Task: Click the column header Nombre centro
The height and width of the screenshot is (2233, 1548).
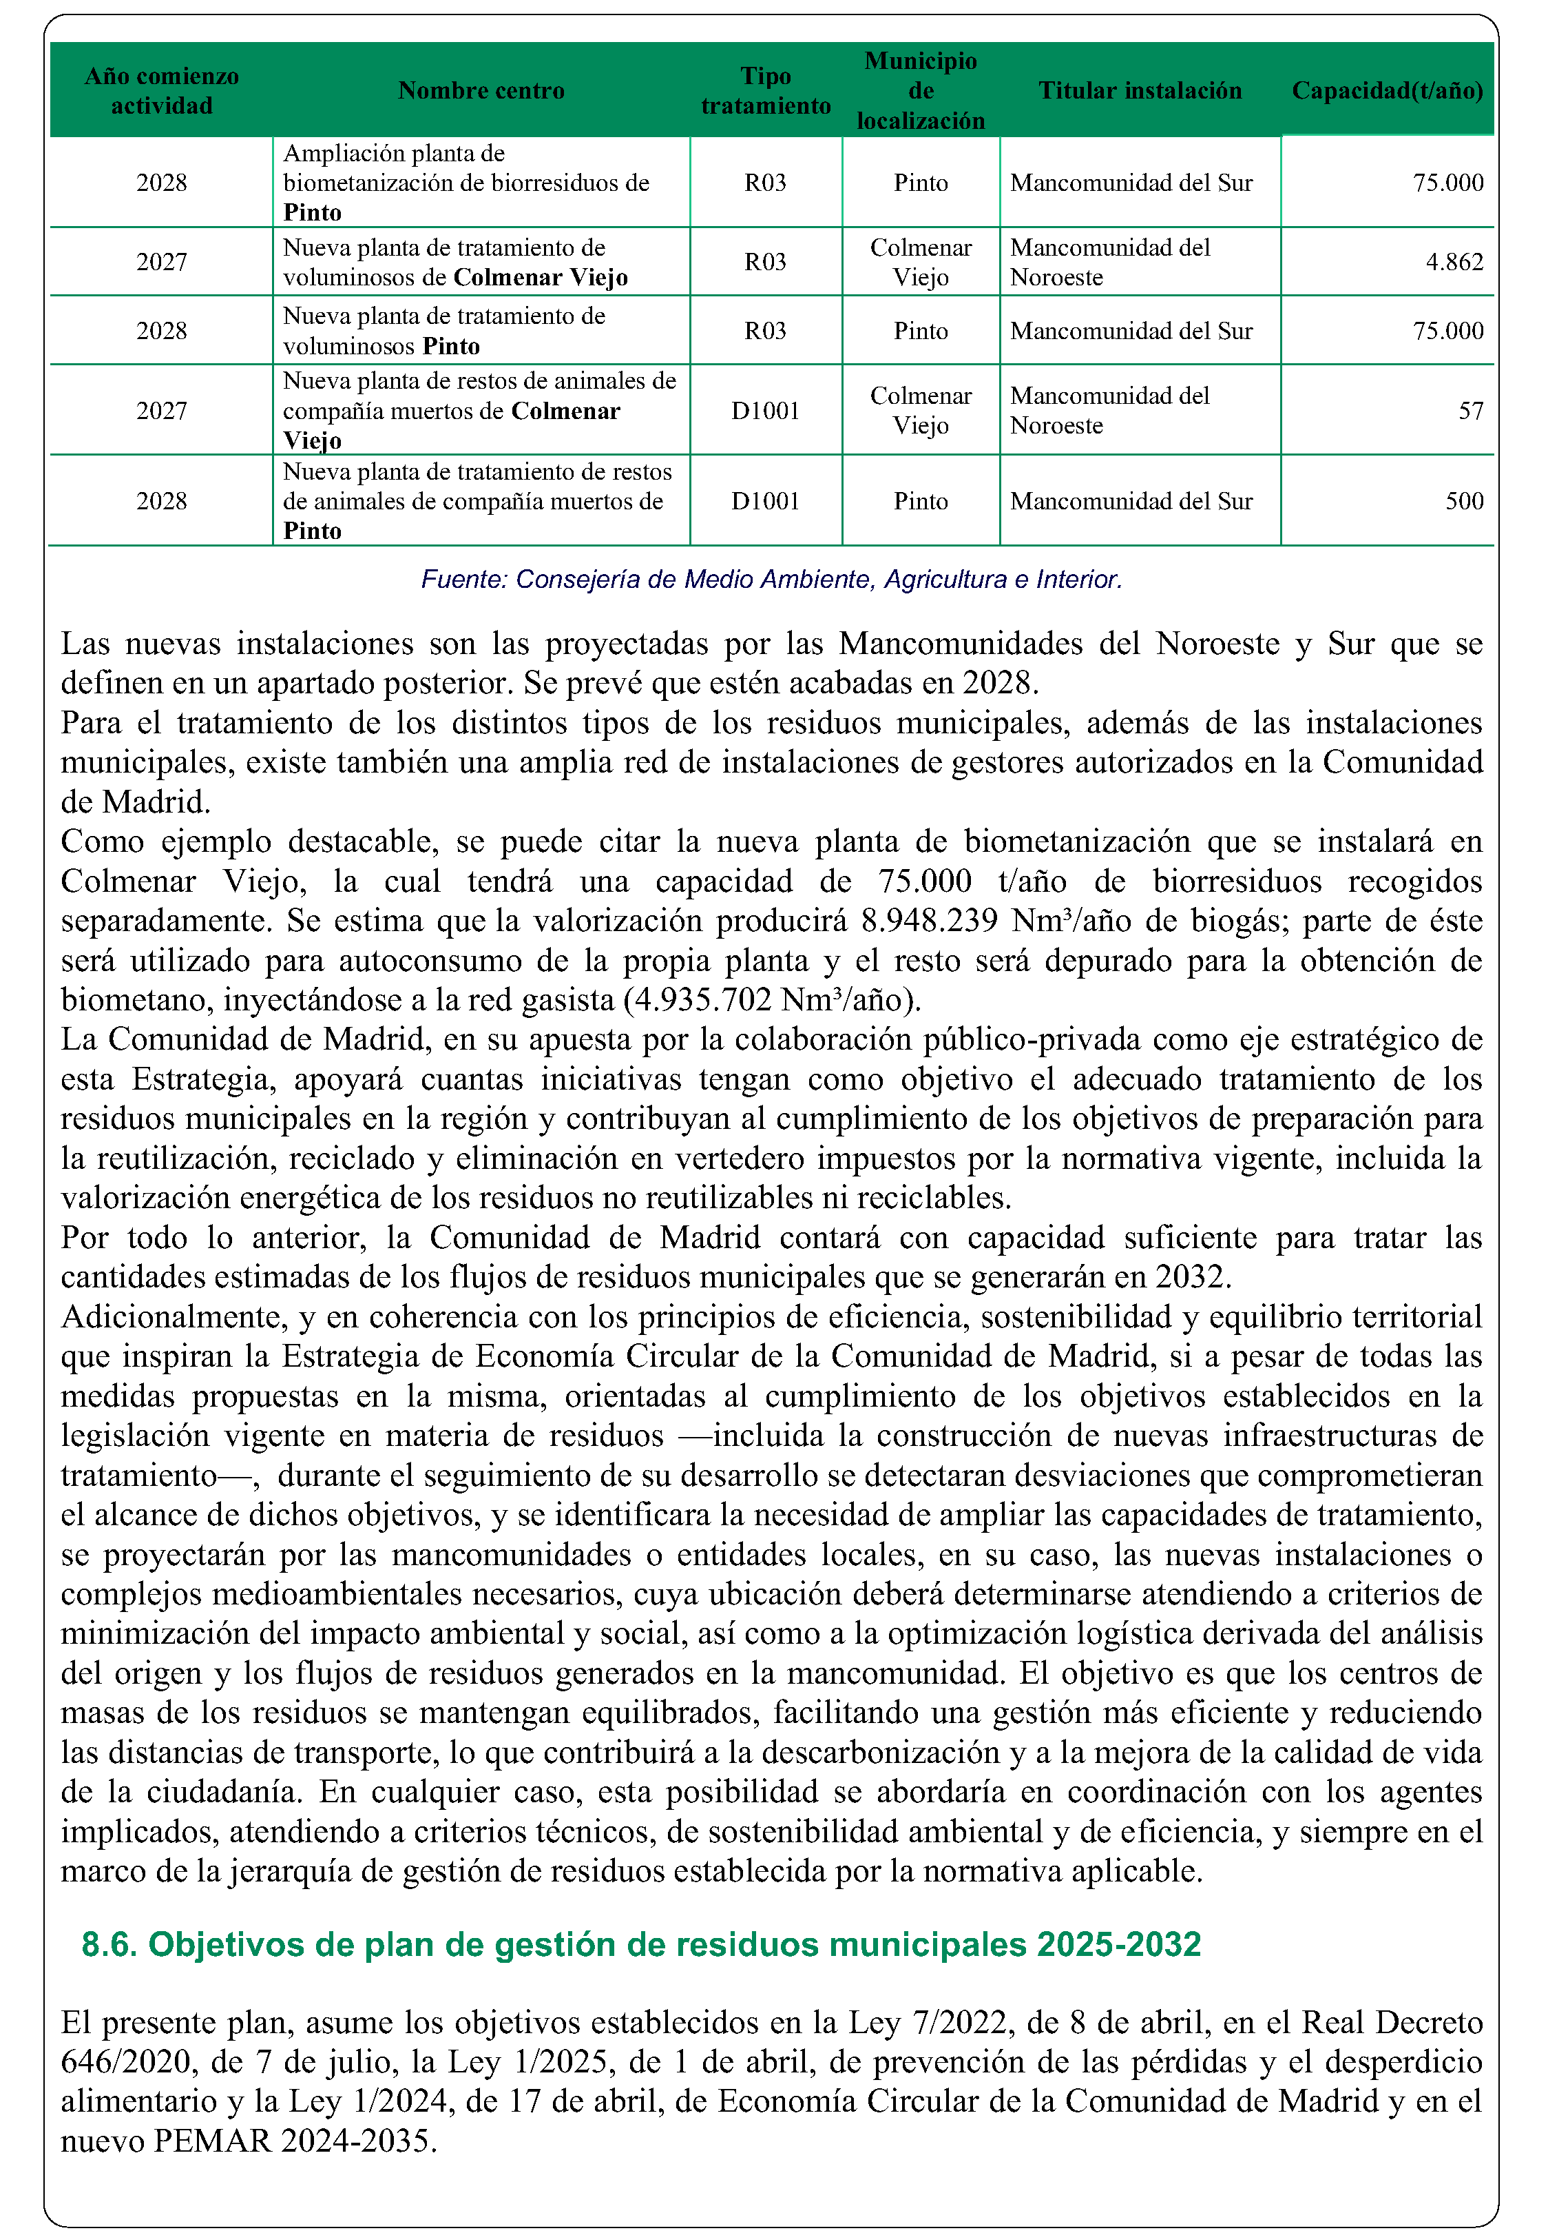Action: click(x=481, y=90)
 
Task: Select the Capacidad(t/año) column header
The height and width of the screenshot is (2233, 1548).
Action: click(x=1387, y=90)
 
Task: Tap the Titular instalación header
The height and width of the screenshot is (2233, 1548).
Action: click(x=1140, y=90)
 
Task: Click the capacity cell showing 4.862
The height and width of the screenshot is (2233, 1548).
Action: click(x=1454, y=262)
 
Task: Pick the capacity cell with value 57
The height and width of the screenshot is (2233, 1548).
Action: click(x=1470, y=411)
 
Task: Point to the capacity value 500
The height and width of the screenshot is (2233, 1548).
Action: click(x=1463, y=501)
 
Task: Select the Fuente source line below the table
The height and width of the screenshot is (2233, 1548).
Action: click(x=771, y=580)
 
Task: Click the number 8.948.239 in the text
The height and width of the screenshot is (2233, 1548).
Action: click(x=929, y=920)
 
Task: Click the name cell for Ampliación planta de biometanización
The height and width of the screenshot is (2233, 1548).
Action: click(x=466, y=183)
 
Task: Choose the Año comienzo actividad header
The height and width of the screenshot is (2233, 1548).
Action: click(x=161, y=90)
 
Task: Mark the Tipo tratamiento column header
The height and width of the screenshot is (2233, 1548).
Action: click(x=765, y=90)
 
